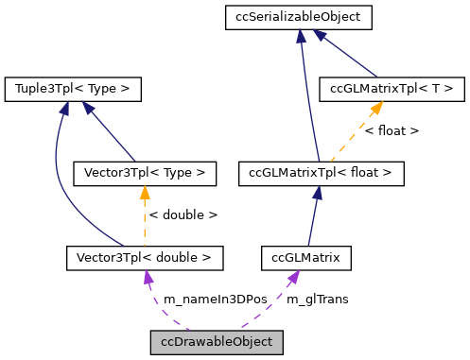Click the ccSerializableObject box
tap(299, 16)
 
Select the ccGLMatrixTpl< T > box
tap(392, 89)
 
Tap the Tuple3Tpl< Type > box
tap(73, 89)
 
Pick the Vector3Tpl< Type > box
tap(145, 173)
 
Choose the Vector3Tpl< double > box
tap(145, 256)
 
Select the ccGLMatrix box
tap(306, 256)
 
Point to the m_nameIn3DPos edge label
tap(215, 299)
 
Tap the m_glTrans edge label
tap(317, 299)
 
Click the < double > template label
tap(183, 214)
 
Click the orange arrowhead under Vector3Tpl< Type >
tap(145, 193)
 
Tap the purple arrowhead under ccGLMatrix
tap(295, 275)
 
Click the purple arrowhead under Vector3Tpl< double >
tap(147, 276)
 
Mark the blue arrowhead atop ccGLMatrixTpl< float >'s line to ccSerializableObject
tap(301, 36)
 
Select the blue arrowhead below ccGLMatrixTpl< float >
tap(319, 193)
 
